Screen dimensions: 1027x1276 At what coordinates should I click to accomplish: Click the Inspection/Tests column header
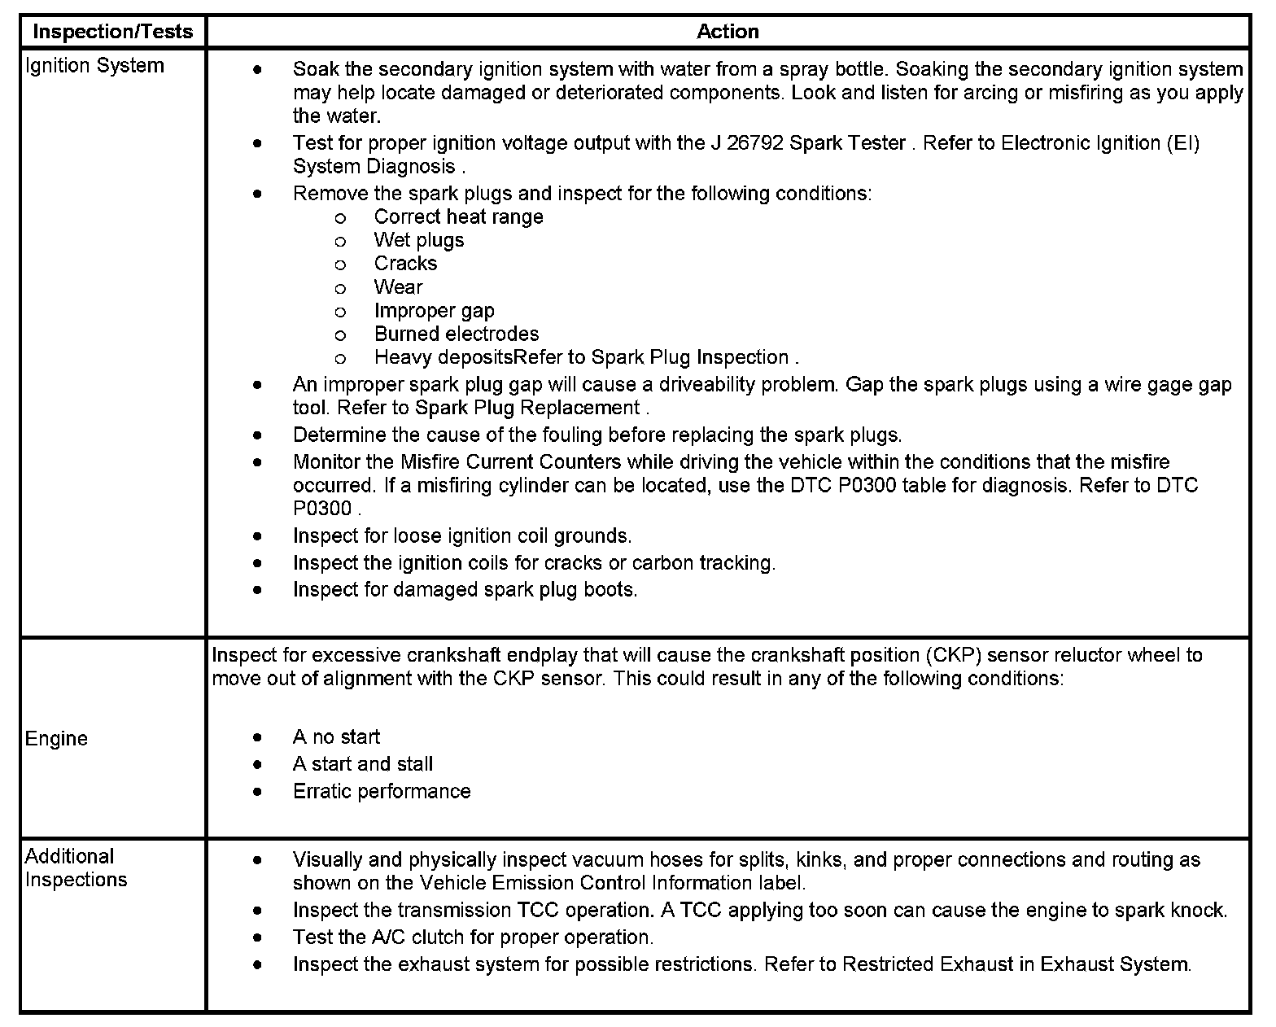coord(113,32)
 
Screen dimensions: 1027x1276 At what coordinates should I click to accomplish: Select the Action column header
coord(728,32)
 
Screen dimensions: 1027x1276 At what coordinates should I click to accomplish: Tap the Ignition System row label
coord(94,66)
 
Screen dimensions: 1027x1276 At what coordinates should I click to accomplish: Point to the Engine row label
coord(56,738)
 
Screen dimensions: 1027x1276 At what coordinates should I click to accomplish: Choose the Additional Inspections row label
coord(76,867)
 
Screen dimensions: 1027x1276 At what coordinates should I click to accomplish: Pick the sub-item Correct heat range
coord(458,217)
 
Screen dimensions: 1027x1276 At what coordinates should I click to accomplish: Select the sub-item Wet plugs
coord(419,240)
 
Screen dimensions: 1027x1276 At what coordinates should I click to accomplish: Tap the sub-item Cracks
coord(405,264)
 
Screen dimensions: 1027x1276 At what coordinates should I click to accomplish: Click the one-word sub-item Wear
coord(398,287)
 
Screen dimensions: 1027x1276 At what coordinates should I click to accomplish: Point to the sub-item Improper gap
coord(434,311)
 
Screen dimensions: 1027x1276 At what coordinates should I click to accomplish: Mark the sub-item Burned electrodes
coord(456,334)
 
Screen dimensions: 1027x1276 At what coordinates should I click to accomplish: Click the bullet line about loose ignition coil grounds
coord(461,535)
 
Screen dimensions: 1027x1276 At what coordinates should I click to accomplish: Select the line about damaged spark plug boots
coord(465,589)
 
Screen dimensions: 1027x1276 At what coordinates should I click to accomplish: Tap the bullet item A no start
coord(336,737)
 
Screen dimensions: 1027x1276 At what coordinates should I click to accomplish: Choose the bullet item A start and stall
coord(362,764)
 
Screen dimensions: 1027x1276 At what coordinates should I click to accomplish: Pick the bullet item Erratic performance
coord(381,791)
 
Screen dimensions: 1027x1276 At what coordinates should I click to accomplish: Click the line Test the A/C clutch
coord(473,937)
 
